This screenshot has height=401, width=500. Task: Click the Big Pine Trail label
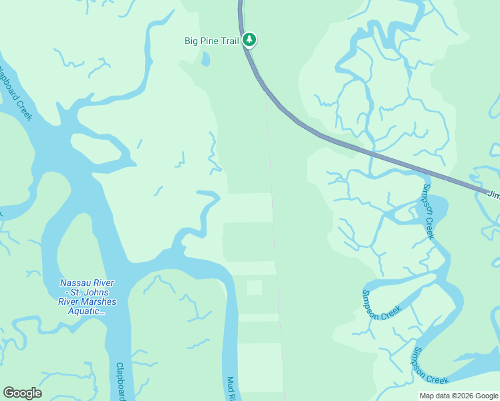(x=211, y=41)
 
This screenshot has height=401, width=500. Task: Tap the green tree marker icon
(x=249, y=40)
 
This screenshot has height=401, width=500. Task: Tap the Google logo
(x=22, y=393)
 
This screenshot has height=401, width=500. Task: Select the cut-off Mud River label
(x=231, y=388)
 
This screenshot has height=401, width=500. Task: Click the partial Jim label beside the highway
(x=493, y=194)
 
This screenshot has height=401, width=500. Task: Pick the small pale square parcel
(x=254, y=287)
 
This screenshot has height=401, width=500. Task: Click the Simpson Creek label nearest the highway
(x=427, y=211)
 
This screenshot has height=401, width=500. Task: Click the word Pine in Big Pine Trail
(x=211, y=41)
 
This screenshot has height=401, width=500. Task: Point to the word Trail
(x=230, y=41)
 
